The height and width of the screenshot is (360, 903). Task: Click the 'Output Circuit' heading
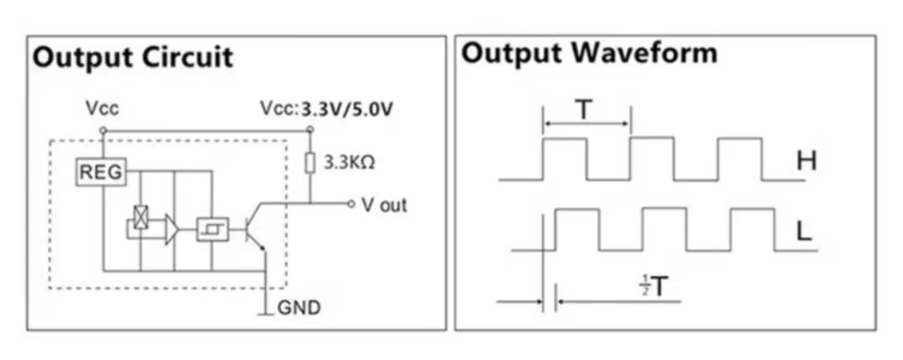click(x=133, y=57)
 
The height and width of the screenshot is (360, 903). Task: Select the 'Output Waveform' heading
click(x=588, y=54)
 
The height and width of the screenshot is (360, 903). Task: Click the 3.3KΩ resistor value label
click(x=349, y=163)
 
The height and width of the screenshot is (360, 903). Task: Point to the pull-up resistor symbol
click(x=310, y=162)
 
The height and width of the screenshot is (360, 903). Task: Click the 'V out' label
click(x=383, y=205)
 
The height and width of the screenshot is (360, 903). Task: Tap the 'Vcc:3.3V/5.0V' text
click(x=327, y=109)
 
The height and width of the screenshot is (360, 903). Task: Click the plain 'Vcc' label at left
click(x=101, y=109)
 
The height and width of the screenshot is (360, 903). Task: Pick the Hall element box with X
click(x=140, y=217)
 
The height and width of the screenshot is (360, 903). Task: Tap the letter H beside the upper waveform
click(x=806, y=162)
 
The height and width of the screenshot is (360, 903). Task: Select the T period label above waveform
click(x=585, y=110)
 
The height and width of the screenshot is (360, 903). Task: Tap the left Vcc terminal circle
click(x=102, y=129)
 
